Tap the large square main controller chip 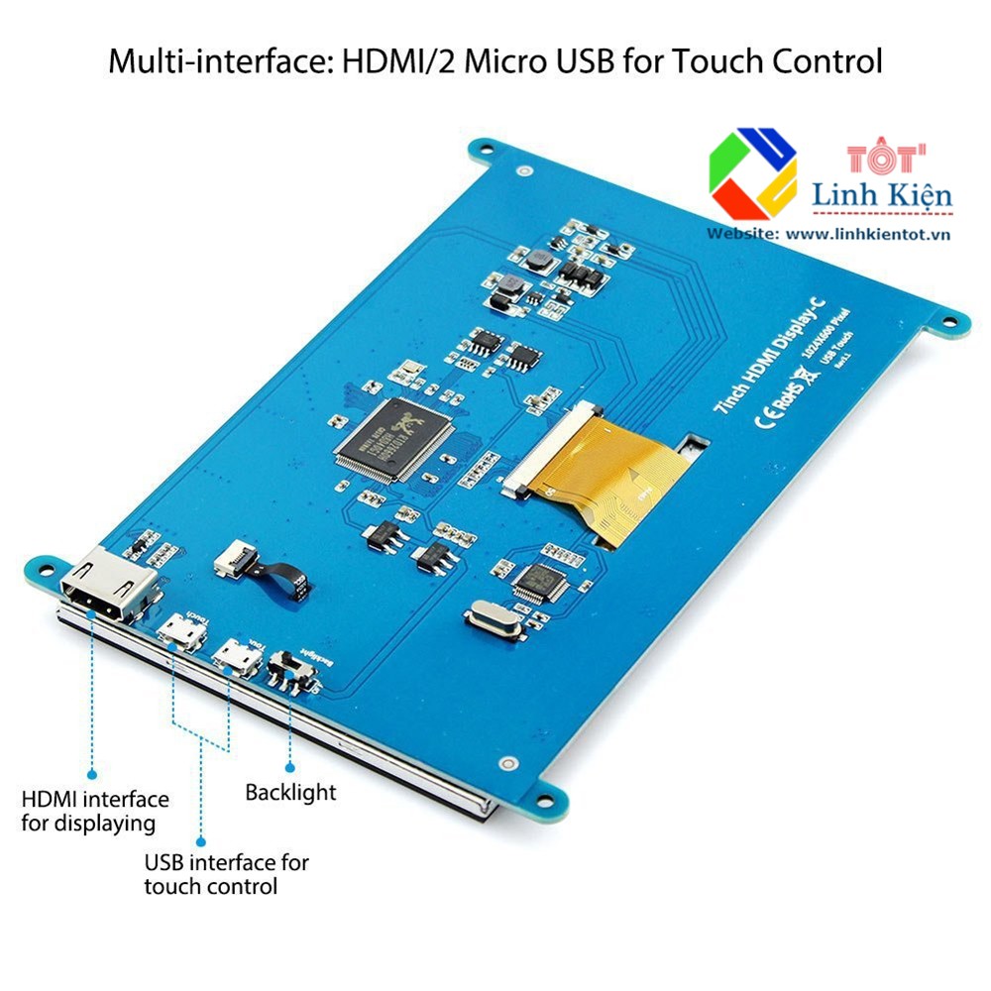pos(393,438)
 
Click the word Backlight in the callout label pos(290,792)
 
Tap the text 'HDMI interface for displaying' pos(95,810)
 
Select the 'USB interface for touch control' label pos(226,874)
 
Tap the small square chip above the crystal pos(538,580)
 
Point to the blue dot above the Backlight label pos(290,766)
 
